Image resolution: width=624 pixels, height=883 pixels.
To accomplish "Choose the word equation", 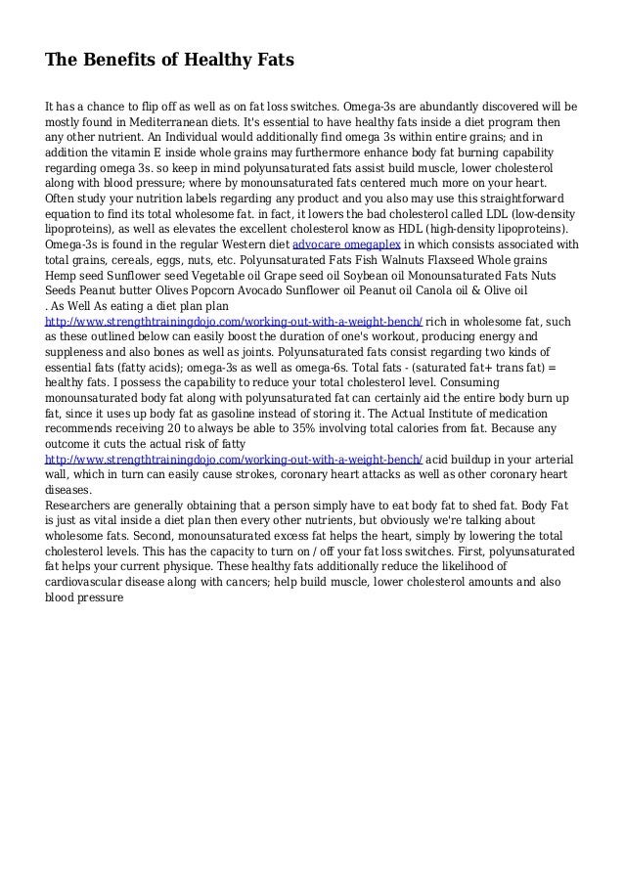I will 72,213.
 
